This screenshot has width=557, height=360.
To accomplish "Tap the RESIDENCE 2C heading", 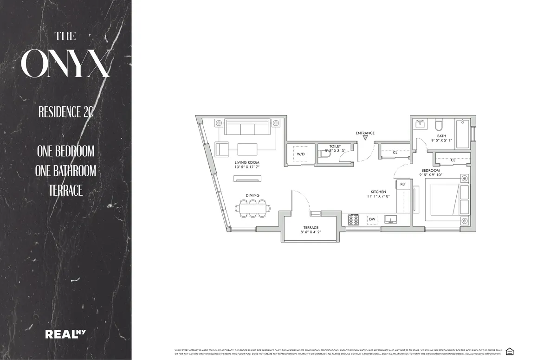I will click(65, 112).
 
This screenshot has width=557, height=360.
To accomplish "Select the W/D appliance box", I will click(301, 154).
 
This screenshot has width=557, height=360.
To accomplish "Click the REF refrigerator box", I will click(403, 184).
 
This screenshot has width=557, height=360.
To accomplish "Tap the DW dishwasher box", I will click(372, 219).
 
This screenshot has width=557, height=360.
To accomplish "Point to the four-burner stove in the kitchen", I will click(353, 219).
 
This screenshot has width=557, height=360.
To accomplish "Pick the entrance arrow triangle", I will click(365, 138).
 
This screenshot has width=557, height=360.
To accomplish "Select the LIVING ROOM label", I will click(247, 162).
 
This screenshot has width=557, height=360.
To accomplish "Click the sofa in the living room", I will click(247, 127).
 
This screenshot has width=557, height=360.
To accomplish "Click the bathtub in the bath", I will click(462, 133).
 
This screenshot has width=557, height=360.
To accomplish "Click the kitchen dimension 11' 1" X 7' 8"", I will click(378, 196).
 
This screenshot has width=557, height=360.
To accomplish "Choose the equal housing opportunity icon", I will click(510, 351).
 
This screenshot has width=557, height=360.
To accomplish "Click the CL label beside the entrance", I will click(395, 152).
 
